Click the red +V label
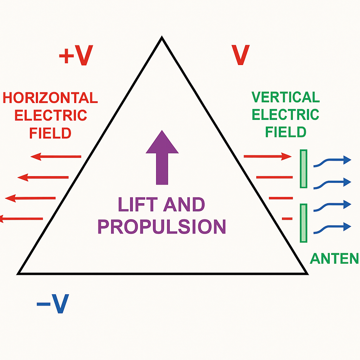(x=76, y=56)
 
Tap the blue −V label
(x=52, y=304)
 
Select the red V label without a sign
(x=240, y=55)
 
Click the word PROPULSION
(x=162, y=227)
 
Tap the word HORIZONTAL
(x=50, y=98)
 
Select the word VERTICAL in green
(x=285, y=97)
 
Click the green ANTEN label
(x=334, y=259)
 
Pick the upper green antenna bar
(x=303, y=169)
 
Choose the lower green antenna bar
(x=303, y=223)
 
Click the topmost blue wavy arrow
(x=332, y=161)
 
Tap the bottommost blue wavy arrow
(x=332, y=227)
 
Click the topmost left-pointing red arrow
(x=56, y=156)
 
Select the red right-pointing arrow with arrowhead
(x=268, y=156)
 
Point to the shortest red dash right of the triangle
(x=287, y=219)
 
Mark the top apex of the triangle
(x=162, y=37)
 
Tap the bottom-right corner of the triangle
(x=307, y=273)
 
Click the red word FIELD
(x=50, y=133)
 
